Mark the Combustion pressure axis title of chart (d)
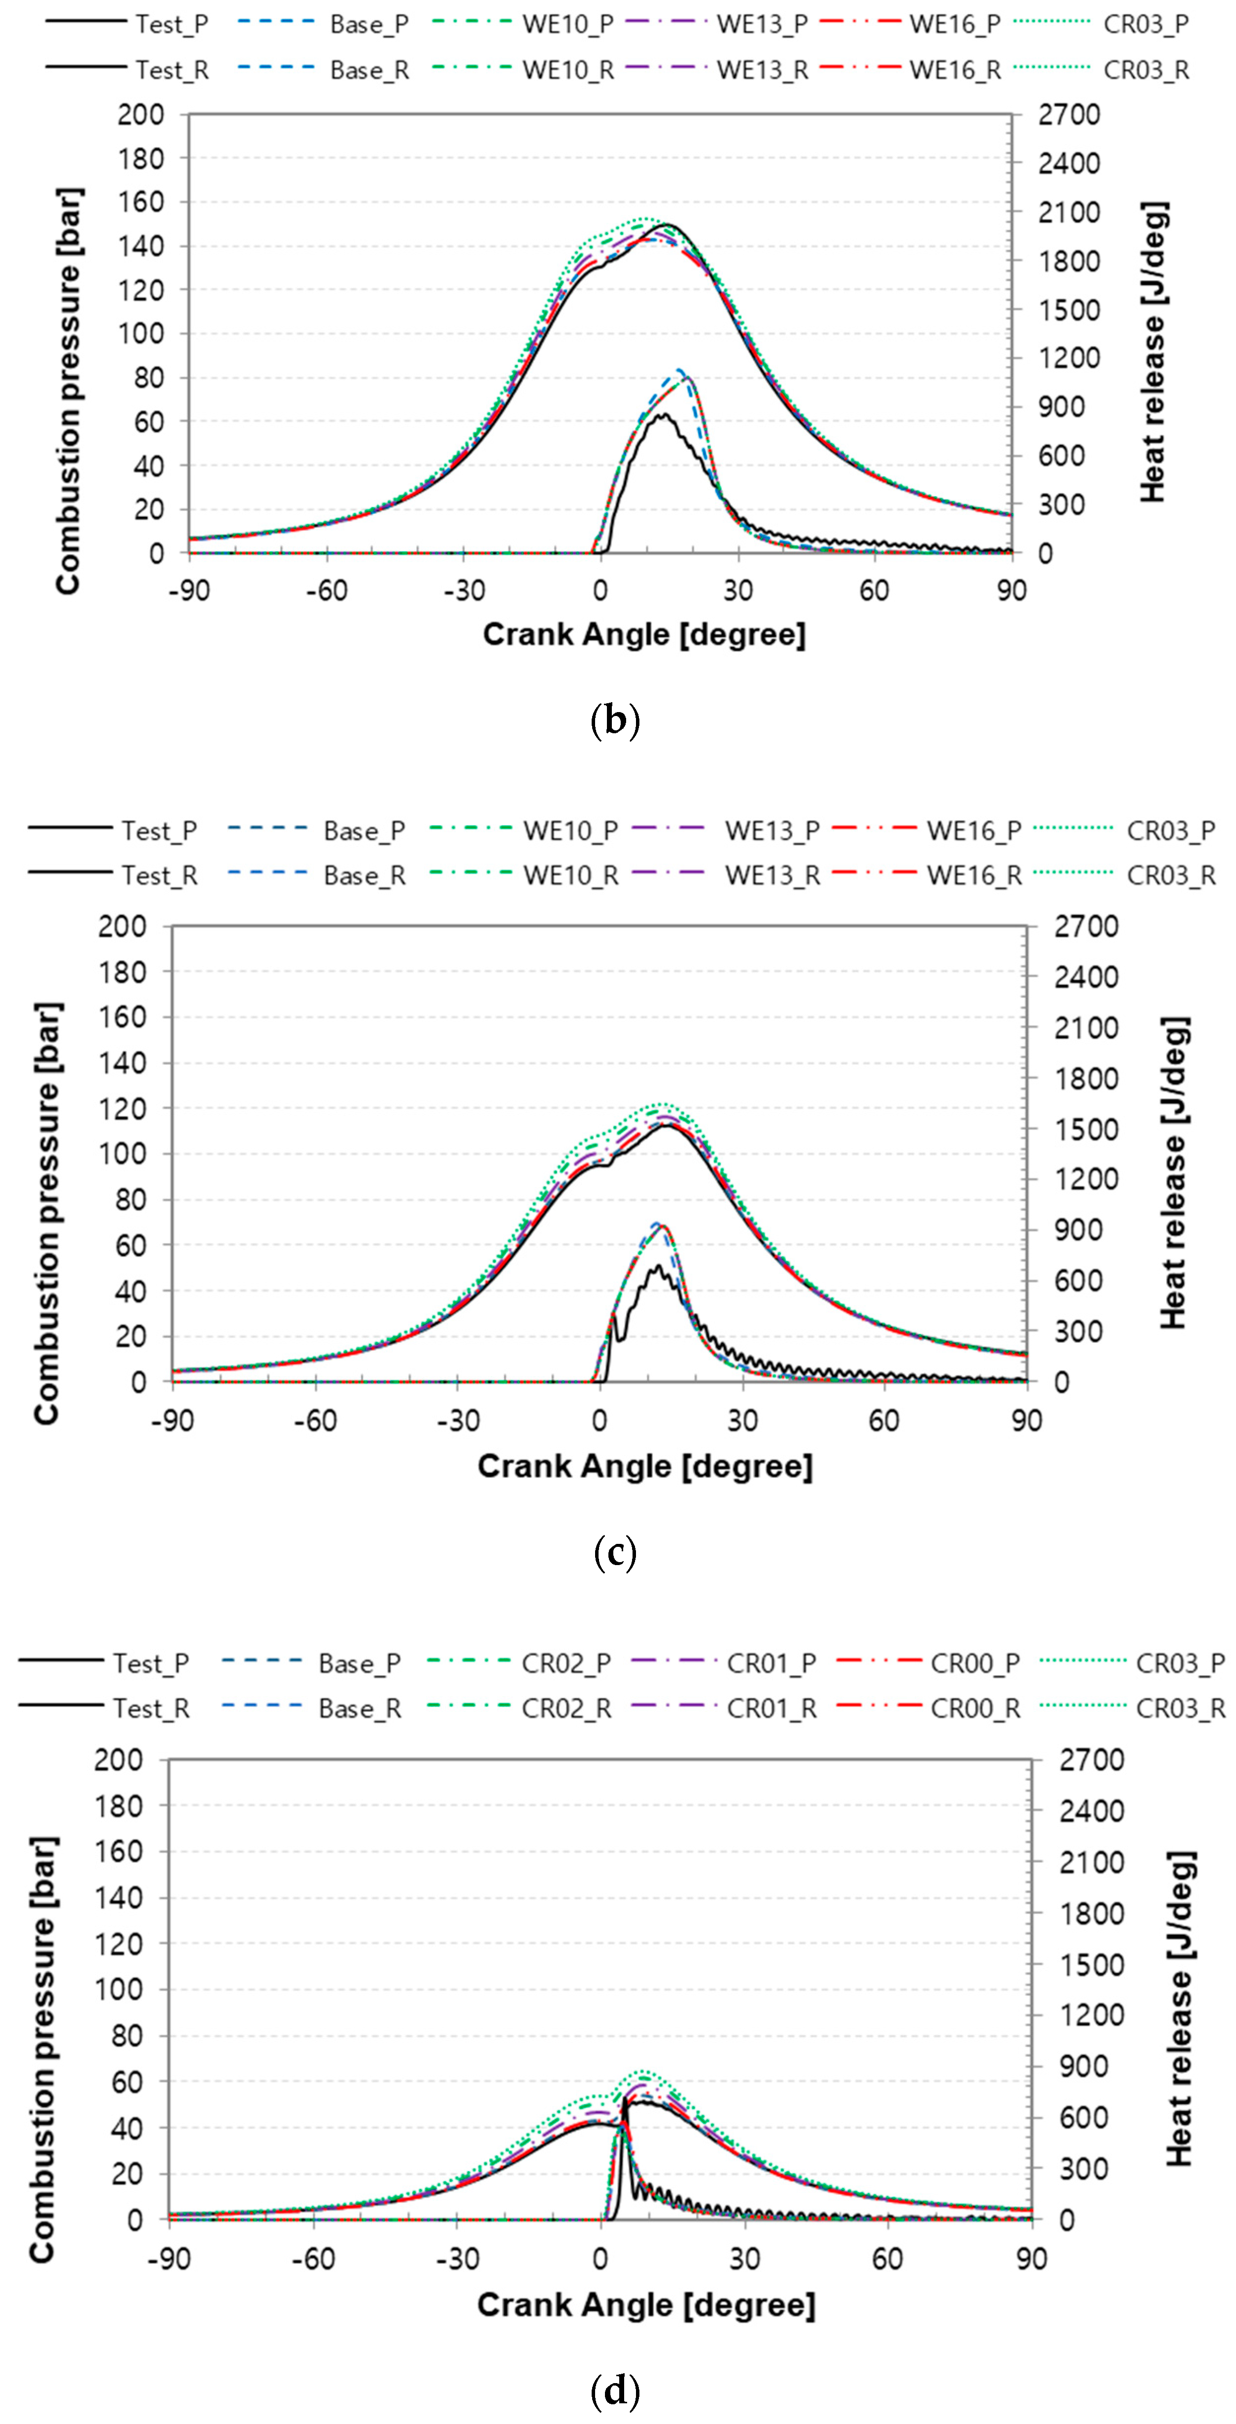43,2048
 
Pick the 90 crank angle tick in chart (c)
1026,1421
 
